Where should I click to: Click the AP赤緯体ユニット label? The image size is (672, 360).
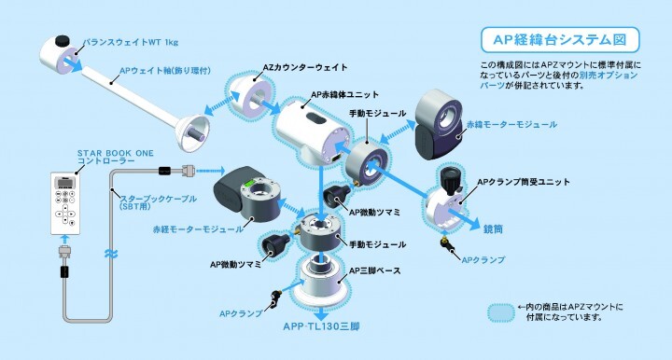coord(347,95)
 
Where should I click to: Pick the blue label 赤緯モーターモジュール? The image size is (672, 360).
coord(523,124)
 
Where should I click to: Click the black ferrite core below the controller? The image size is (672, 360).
coord(65,273)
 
